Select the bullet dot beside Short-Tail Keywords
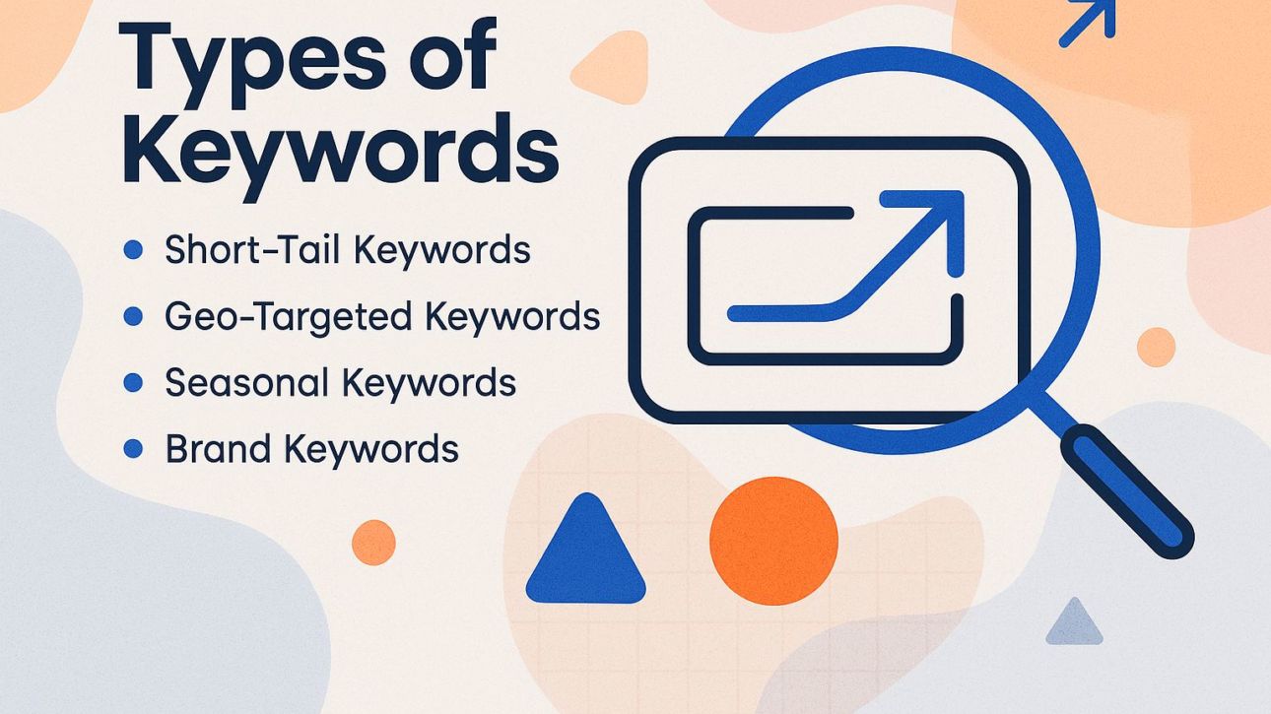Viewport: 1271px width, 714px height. click(132, 251)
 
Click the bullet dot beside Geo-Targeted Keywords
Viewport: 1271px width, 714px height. click(132, 317)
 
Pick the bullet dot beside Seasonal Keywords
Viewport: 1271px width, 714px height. click(132, 383)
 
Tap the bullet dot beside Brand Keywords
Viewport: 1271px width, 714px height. click(132, 449)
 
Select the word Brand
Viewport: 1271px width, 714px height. click(218, 448)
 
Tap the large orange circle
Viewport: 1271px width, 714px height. click(773, 541)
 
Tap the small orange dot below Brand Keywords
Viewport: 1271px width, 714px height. click(373, 543)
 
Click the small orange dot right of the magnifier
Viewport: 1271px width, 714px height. click(1156, 347)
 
